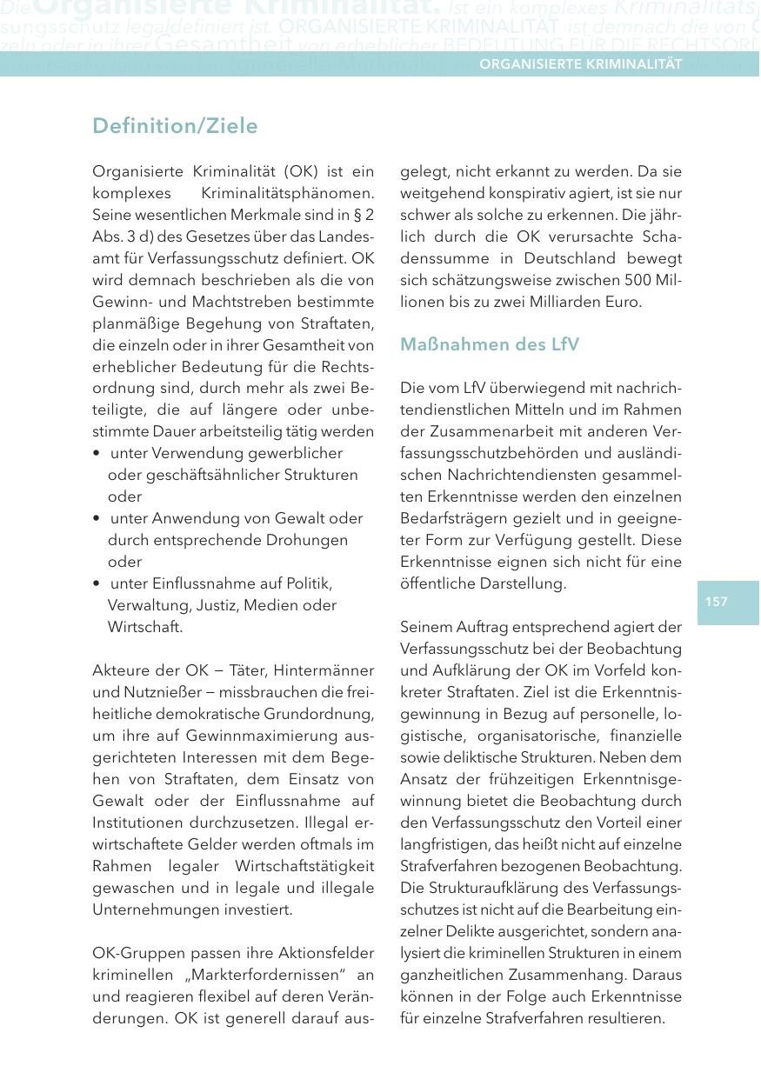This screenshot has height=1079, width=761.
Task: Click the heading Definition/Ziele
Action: pos(175,126)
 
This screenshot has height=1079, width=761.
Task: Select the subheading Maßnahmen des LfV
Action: pos(490,344)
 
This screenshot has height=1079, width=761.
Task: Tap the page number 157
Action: pos(717,602)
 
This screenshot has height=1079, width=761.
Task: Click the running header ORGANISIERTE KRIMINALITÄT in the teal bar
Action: pos(580,64)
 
